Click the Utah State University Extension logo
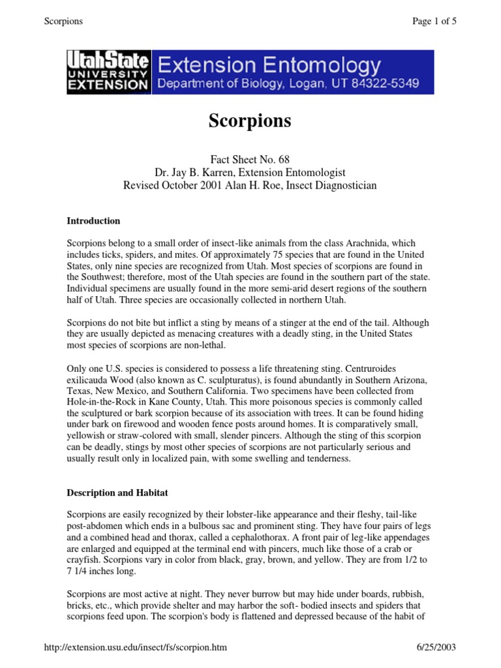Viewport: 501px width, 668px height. (108, 71)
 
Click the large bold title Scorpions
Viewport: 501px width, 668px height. (250, 121)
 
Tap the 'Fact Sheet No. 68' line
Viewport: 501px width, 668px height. (250, 160)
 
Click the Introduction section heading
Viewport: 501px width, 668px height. (93, 221)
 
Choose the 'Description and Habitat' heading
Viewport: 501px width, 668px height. (117, 492)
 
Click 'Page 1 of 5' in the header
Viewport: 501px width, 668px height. (434, 21)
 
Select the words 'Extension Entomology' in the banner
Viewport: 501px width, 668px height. (269, 64)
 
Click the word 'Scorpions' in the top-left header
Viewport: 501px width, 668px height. (63, 21)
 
